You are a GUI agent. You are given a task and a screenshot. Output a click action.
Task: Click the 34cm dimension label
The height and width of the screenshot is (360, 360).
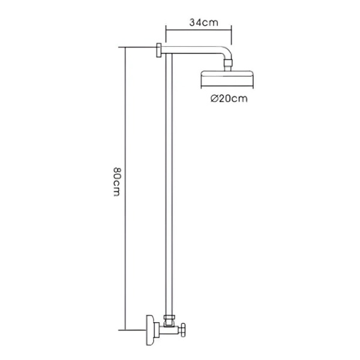coord(203,23)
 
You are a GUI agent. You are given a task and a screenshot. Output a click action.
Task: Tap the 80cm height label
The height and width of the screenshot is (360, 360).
coord(117,182)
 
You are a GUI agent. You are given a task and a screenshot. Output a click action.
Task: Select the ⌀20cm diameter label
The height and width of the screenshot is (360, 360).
coord(229,98)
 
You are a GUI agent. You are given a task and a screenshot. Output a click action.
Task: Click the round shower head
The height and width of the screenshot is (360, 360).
coord(227,78)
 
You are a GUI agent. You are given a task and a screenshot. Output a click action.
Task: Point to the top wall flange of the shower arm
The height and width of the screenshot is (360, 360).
coord(159,50)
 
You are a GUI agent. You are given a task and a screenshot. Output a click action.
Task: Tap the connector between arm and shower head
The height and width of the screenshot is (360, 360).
coord(228,65)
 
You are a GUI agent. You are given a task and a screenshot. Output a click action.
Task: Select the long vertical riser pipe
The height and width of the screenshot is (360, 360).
coord(169,184)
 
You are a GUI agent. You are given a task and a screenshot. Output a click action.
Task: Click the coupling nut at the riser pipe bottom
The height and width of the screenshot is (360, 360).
coord(169,318)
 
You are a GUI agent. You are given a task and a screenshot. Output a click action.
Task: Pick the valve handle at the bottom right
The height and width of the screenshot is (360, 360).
coord(183,330)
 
